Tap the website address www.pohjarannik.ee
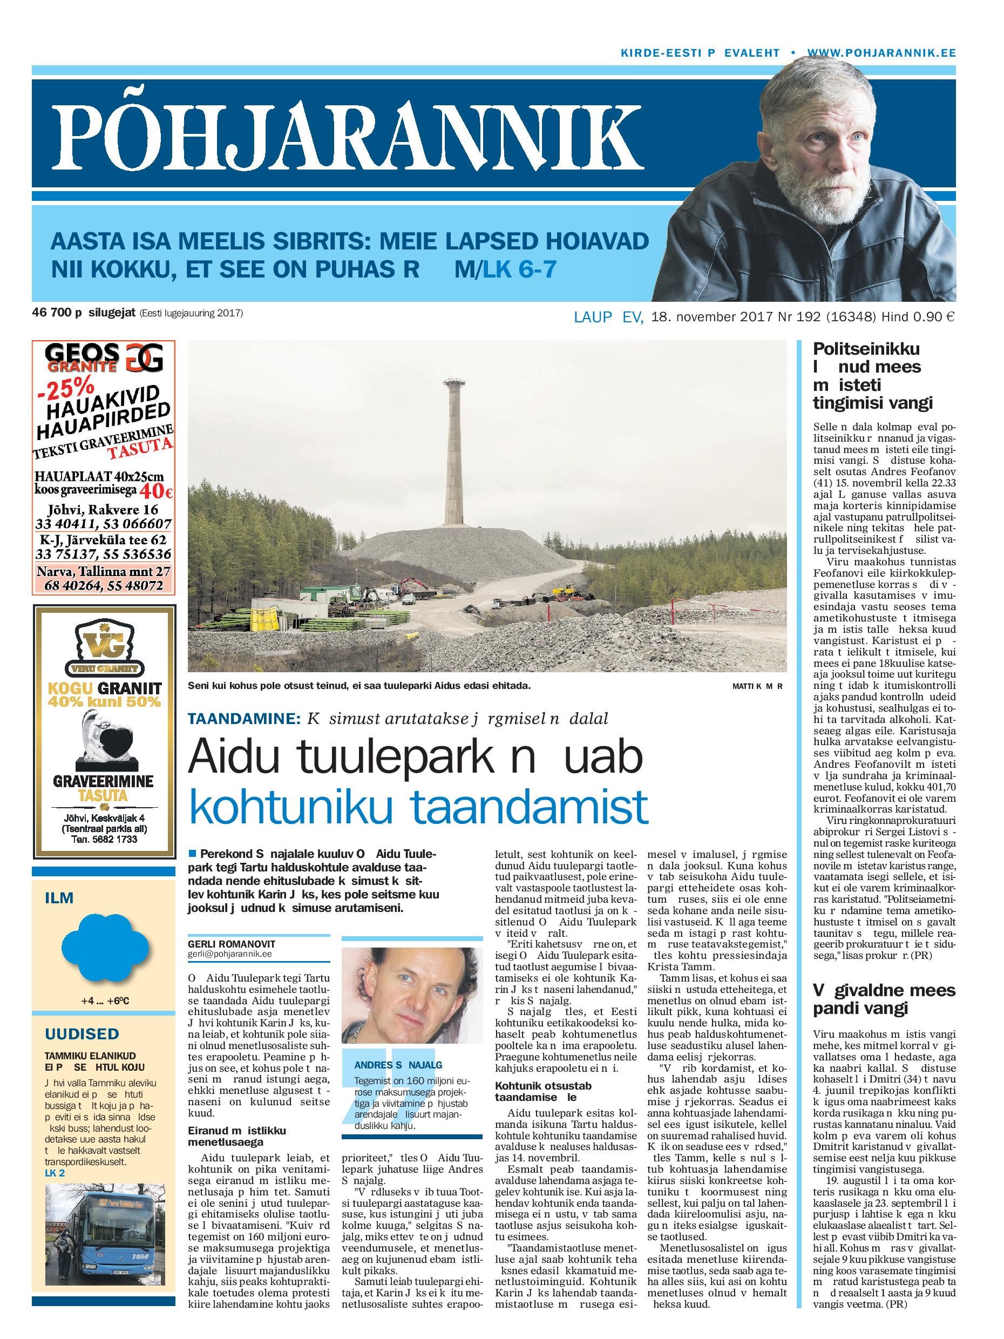(x=881, y=53)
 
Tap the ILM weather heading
(x=59, y=897)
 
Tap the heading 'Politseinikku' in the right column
(x=866, y=349)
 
